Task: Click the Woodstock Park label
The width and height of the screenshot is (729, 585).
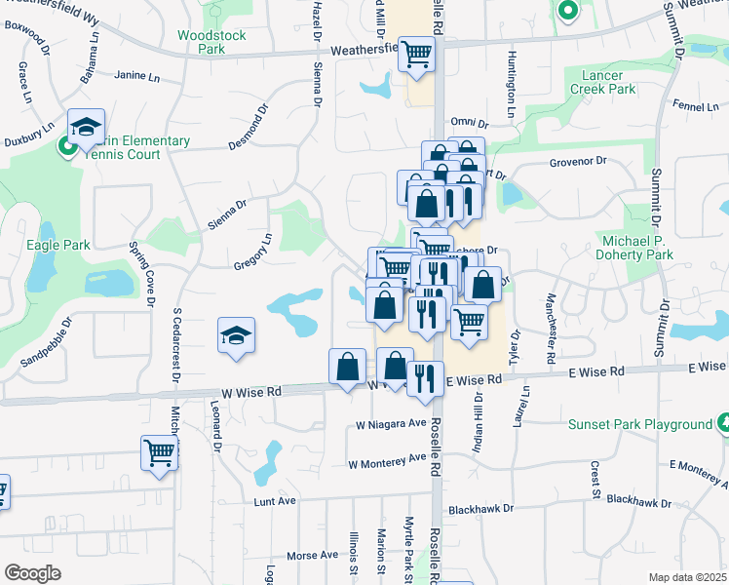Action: coord(211,44)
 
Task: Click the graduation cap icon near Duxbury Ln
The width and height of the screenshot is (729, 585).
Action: coord(86,127)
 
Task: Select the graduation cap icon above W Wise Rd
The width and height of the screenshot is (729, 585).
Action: coord(237,335)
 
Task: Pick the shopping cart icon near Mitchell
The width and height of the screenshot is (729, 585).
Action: coord(159,452)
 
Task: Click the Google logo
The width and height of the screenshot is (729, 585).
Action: coord(31,572)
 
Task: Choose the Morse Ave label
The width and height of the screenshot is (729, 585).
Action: coord(312,556)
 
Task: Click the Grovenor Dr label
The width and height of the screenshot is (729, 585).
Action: coord(578,162)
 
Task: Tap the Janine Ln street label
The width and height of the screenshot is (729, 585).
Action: coord(136,75)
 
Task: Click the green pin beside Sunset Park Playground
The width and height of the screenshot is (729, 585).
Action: coord(724,422)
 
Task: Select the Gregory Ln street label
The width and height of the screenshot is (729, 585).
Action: coord(252,252)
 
